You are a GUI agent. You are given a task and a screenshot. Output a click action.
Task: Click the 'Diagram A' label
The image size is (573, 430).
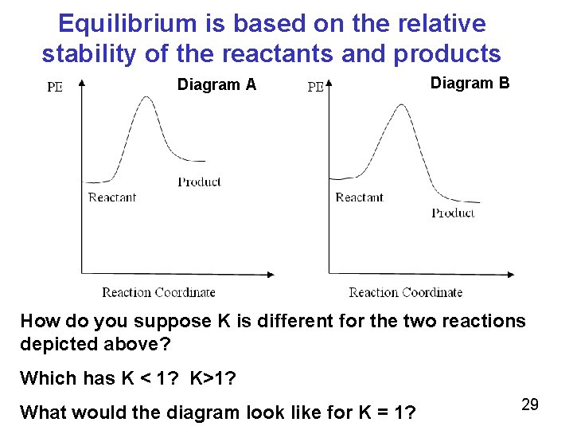tap(216, 84)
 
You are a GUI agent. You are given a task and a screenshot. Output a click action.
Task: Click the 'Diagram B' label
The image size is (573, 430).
tap(470, 83)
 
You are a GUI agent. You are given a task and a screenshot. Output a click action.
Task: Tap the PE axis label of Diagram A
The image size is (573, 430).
tap(54, 88)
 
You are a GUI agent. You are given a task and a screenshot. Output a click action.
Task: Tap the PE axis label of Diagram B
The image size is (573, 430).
tap(315, 88)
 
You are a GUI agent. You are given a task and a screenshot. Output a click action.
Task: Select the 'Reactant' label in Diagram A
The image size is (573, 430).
tap(112, 197)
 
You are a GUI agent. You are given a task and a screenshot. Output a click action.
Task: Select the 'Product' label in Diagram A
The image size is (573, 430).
tap(199, 182)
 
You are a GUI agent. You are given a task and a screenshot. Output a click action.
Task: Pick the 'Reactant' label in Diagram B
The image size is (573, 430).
tap(359, 197)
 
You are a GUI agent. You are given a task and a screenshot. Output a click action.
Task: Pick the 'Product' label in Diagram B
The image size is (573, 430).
tap(453, 213)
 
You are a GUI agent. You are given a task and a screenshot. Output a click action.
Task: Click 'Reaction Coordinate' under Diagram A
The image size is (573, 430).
tap(158, 292)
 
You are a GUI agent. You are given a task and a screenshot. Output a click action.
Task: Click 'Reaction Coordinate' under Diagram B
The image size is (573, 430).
tap(405, 292)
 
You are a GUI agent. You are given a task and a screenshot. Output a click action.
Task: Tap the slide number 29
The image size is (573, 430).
tap(530, 405)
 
